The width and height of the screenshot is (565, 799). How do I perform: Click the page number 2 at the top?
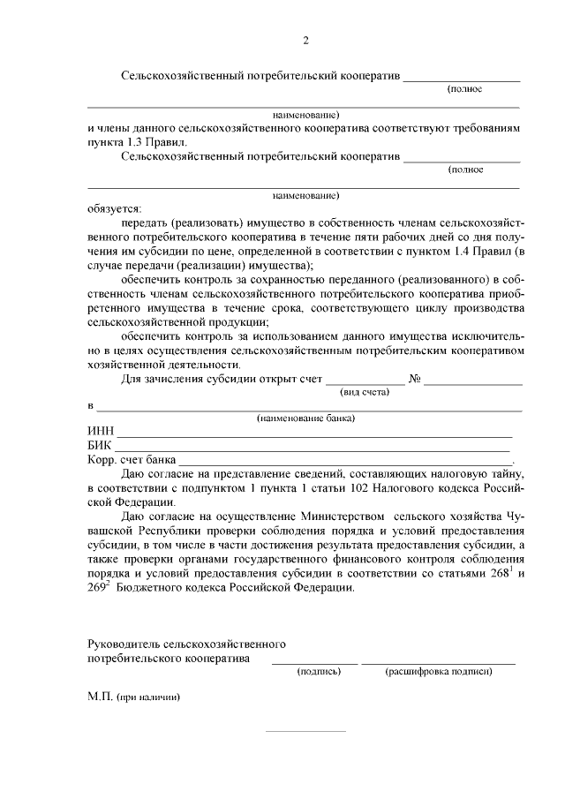305,40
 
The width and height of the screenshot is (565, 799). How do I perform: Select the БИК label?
100,446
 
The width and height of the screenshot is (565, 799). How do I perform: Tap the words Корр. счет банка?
132,460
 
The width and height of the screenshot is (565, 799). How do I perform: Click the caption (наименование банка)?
305,418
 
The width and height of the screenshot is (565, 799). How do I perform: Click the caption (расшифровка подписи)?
439,671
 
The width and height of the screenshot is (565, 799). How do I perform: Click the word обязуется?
114,208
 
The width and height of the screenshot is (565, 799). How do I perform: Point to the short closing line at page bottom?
305,731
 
